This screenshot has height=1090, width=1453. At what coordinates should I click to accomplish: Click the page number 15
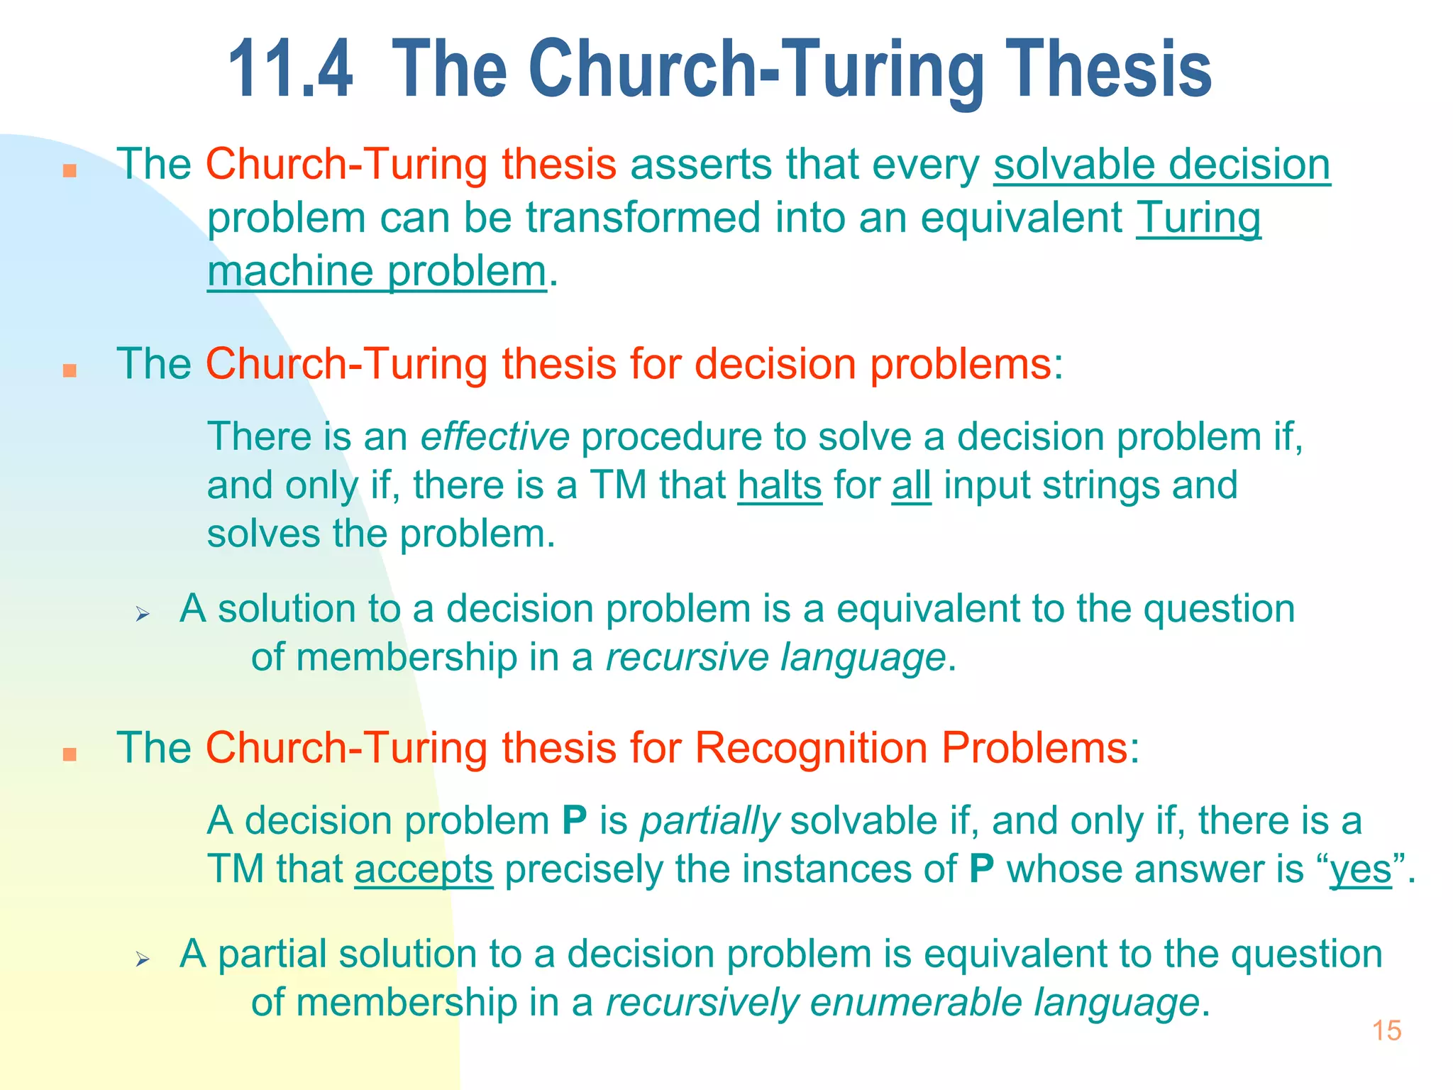tap(1386, 1030)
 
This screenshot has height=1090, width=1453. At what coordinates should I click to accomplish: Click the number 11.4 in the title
tap(290, 70)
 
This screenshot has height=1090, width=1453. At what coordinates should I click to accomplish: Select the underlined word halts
tap(780, 486)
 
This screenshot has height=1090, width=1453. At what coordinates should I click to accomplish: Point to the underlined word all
tap(911, 486)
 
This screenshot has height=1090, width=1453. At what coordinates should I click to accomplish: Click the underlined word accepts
tap(424, 870)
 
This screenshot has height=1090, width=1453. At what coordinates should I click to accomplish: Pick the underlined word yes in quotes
tap(1361, 870)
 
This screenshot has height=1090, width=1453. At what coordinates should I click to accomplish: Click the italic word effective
tap(495, 436)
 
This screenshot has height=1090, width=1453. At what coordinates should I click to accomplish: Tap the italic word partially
tap(709, 821)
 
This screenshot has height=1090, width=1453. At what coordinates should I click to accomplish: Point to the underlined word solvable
tap(1074, 165)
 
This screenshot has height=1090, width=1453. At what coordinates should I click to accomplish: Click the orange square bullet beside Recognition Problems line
tap(70, 754)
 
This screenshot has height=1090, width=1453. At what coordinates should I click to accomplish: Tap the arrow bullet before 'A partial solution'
tap(143, 960)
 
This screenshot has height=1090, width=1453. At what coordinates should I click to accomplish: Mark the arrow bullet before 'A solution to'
tap(143, 615)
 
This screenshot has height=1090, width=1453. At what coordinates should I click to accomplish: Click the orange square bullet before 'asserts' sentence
tap(70, 170)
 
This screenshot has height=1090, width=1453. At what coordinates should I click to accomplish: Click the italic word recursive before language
tap(687, 658)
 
